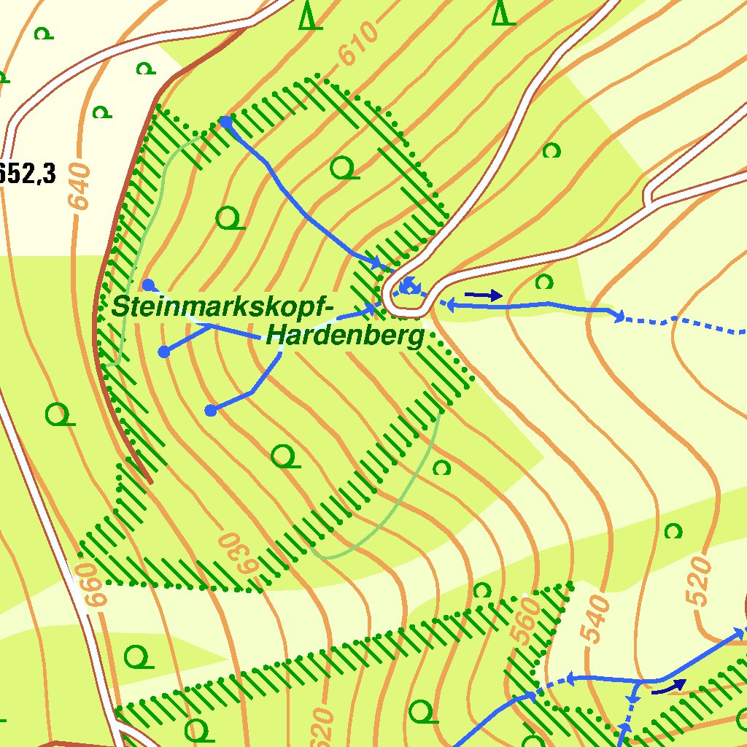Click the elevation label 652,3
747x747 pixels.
click(x=28, y=174)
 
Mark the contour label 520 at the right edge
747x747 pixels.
click(x=698, y=581)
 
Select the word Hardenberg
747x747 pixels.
click(x=345, y=336)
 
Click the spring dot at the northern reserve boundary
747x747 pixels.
click(x=226, y=122)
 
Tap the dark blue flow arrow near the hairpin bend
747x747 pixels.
click(x=483, y=295)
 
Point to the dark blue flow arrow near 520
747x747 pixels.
click(x=669, y=686)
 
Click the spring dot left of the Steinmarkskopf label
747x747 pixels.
click(x=148, y=285)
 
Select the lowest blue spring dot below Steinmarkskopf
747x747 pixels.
click(x=211, y=411)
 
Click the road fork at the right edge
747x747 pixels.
click(x=649, y=196)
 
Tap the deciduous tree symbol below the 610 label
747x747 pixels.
click(x=344, y=169)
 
